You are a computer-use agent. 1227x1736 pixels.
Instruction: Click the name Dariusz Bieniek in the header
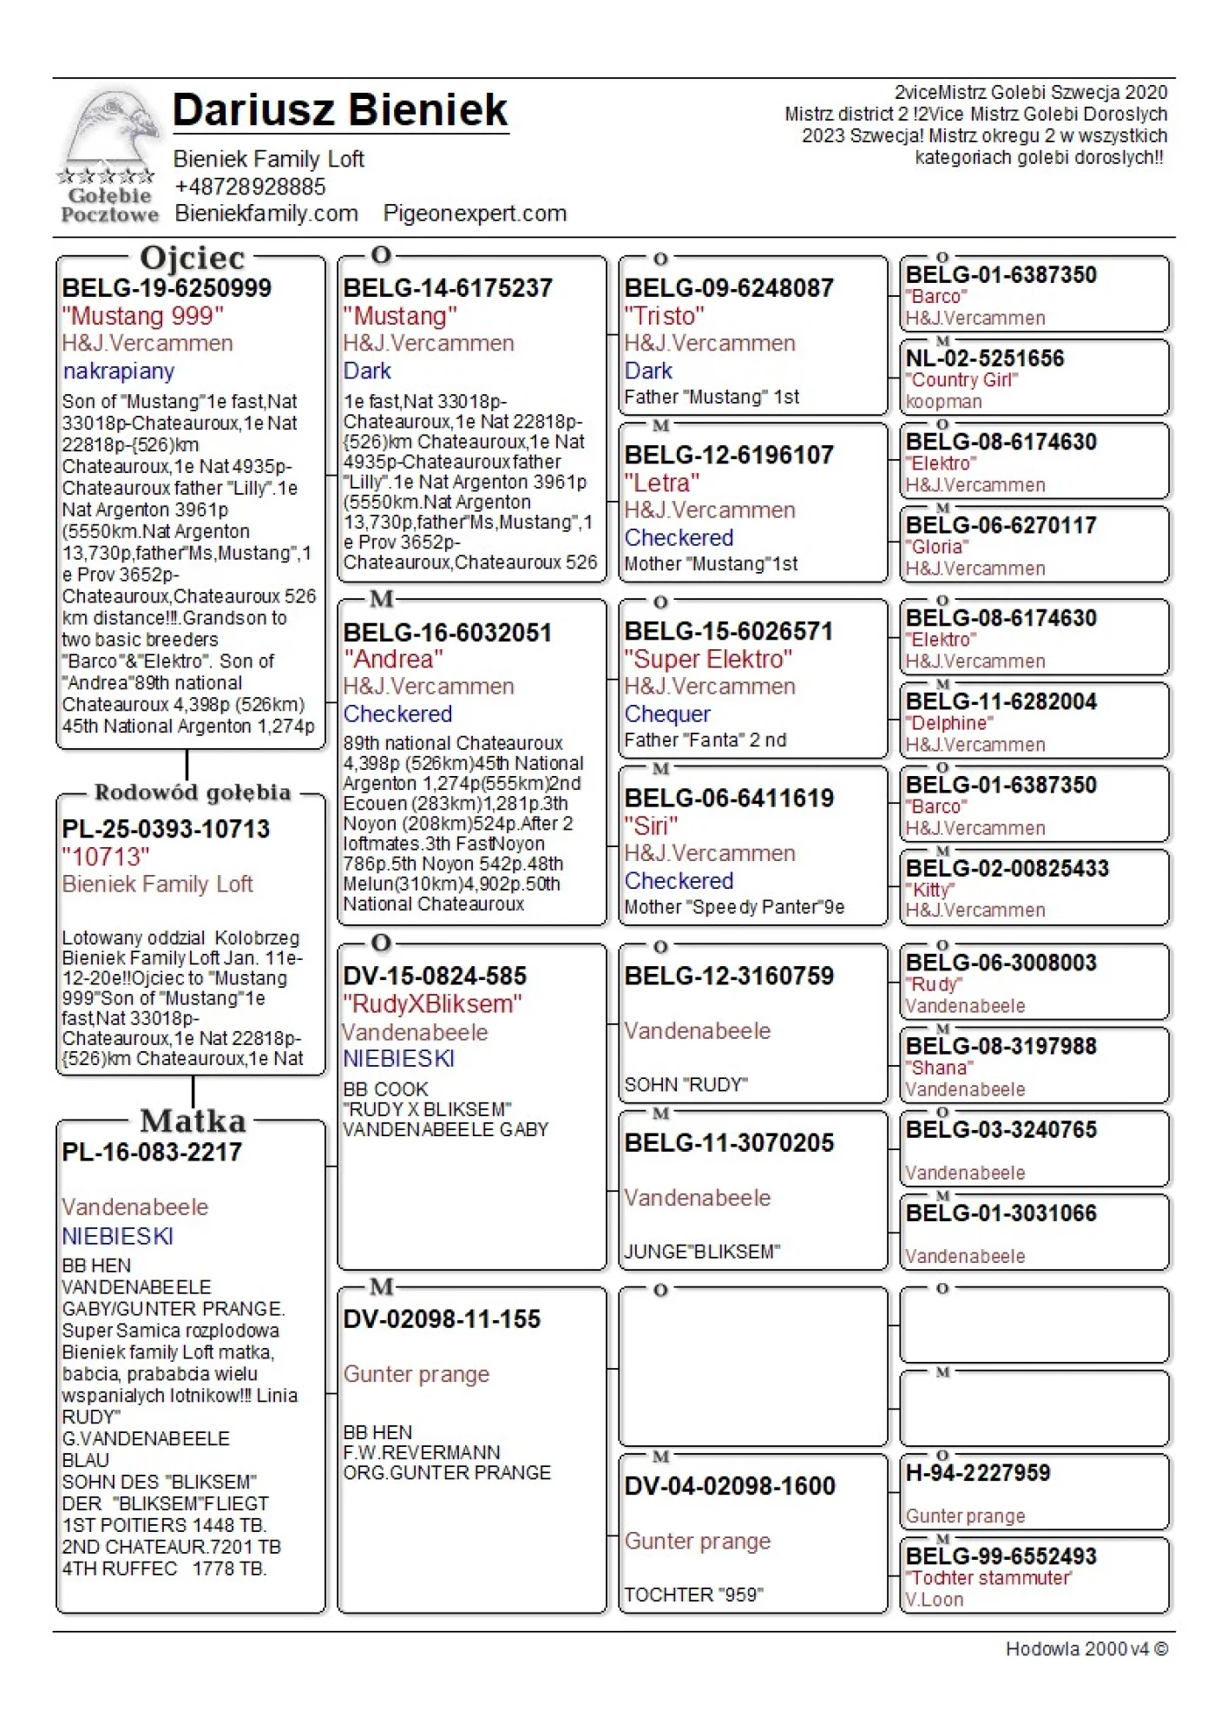click(339, 110)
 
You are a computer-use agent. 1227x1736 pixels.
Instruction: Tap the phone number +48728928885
click(250, 187)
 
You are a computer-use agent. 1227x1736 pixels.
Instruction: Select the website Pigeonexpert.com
click(475, 214)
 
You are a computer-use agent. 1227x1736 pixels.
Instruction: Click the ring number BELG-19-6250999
click(167, 288)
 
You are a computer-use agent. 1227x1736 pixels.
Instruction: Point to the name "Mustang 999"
click(142, 316)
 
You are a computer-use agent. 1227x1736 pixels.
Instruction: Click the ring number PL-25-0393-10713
click(166, 829)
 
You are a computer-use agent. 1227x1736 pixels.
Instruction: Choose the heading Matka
click(193, 1121)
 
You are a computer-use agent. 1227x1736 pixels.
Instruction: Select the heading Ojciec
click(192, 258)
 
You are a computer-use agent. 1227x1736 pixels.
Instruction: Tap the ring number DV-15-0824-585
click(435, 976)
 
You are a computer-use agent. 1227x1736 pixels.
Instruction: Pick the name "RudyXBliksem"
click(432, 1004)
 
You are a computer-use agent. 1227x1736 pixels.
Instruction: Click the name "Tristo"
click(664, 316)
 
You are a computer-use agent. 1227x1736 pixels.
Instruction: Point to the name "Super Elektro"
click(708, 660)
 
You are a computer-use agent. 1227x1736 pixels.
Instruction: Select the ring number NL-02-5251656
click(984, 358)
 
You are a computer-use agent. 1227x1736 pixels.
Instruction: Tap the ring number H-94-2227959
click(977, 1473)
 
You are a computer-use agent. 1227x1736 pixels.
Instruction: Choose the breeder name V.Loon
click(934, 1600)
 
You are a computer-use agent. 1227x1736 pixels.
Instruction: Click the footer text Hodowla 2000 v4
click(1086, 1649)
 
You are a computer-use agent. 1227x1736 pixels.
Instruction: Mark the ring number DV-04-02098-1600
click(730, 1486)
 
